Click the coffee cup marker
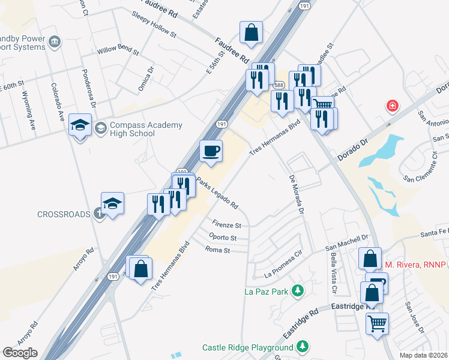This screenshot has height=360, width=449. coord(210,151)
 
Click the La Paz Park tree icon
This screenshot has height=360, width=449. coord(297,292)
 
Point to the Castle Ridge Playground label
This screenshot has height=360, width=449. coord(247,347)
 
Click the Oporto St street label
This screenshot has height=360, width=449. coord(223,238)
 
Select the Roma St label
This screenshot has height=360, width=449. coord(218,249)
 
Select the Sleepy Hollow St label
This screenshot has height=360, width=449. coord(154,25)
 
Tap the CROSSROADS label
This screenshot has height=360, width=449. coord(63,214)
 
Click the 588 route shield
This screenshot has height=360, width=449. coord(279,86)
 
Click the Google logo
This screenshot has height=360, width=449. coord(20,353)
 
